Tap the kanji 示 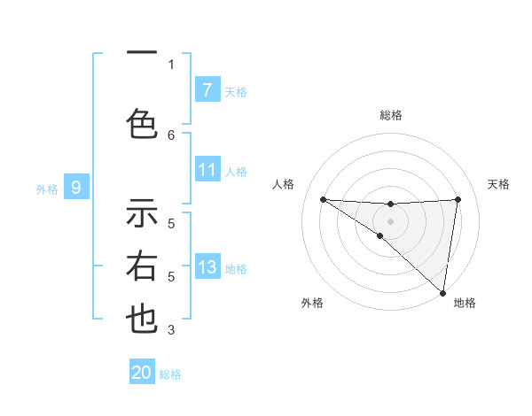[x=142, y=212]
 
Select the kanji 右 [x=142, y=266]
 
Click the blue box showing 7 [x=207, y=89]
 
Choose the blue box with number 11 [x=207, y=171]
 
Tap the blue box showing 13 [x=207, y=267]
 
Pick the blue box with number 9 [x=76, y=188]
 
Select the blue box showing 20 [x=142, y=373]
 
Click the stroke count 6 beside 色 [x=171, y=135]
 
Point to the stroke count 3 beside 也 [x=171, y=331]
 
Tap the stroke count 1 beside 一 [x=171, y=64]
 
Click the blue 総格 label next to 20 [x=170, y=374]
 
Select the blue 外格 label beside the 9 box [x=47, y=189]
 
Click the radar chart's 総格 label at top [x=391, y=115]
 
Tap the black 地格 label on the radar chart [x=465, y=303]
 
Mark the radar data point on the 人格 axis [x=323, y=199]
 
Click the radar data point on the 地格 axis [x=442, y=292]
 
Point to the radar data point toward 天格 [x=458, y=199]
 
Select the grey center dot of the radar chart [x=390, y=220]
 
